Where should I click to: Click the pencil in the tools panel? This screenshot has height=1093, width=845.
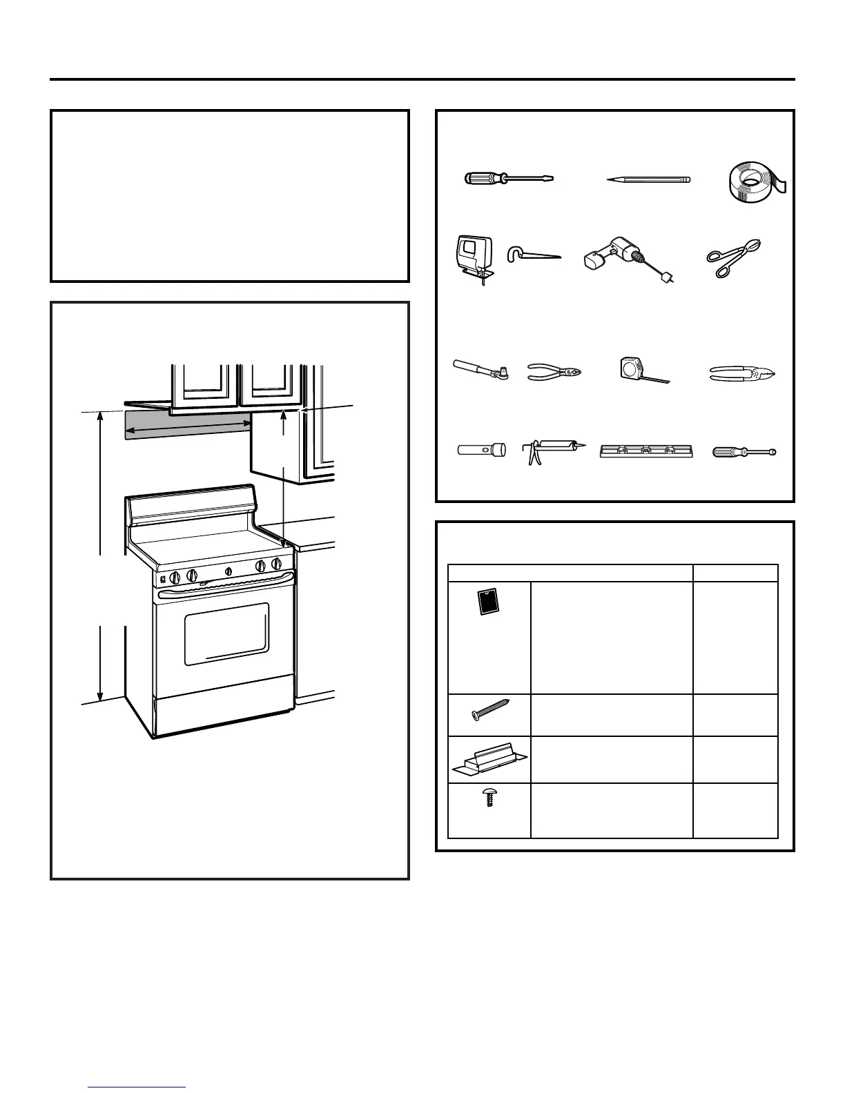648,179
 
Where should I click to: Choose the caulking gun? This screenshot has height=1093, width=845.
550,451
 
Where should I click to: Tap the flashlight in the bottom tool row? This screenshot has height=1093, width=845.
481,451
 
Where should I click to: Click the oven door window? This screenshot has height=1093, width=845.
226,633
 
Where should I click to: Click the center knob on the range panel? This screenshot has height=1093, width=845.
228,571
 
